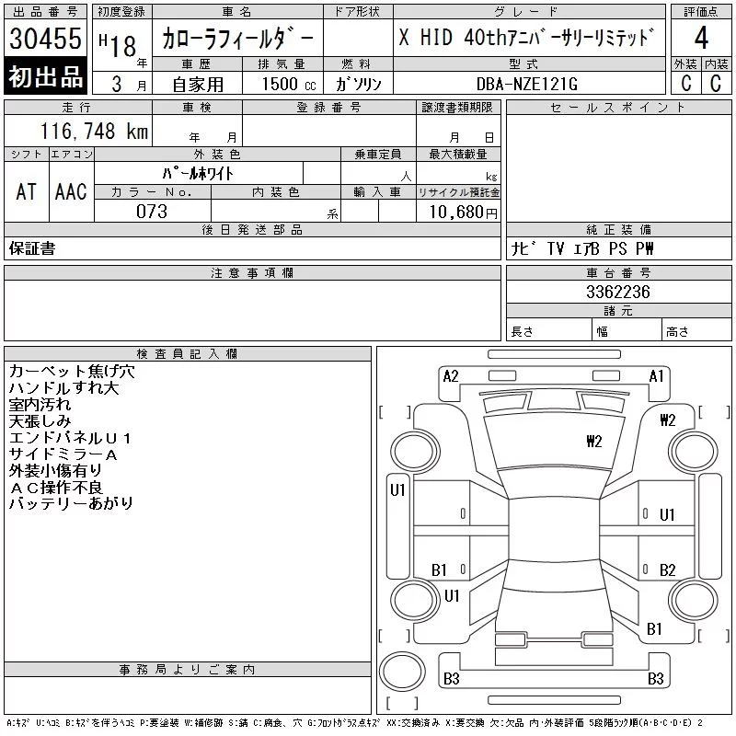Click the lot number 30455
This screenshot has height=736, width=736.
coord(45,39)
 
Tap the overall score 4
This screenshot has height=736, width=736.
coord(701,38)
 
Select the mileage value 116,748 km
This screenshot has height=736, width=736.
coord(94,131)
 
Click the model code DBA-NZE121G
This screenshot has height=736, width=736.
coord(526,84)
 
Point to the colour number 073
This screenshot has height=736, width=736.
coord(152,212)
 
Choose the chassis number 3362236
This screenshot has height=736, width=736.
coord(618,292)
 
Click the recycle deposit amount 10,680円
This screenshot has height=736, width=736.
coord(464,212)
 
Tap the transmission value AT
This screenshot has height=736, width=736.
coord(27,191)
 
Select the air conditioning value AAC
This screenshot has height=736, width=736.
coord(71,191)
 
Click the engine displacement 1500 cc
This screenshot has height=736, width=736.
coord(289,84)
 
